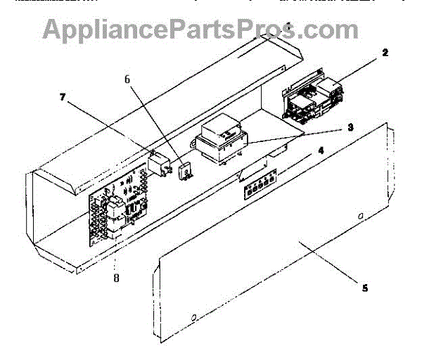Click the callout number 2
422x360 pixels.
click(x=385, y=53)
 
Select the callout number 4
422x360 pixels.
click(x=321, y=149)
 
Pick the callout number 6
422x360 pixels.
click(x=127, y=79)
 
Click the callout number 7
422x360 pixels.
click(x=63, y=98)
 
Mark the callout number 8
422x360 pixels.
click(x=116, y=278)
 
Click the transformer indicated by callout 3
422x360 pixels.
click(x=219, y=142)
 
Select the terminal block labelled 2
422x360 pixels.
click(x=313, y=95)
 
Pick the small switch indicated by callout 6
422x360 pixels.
click(x=186, y=169)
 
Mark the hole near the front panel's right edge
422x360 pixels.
click(x=360, y=216)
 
